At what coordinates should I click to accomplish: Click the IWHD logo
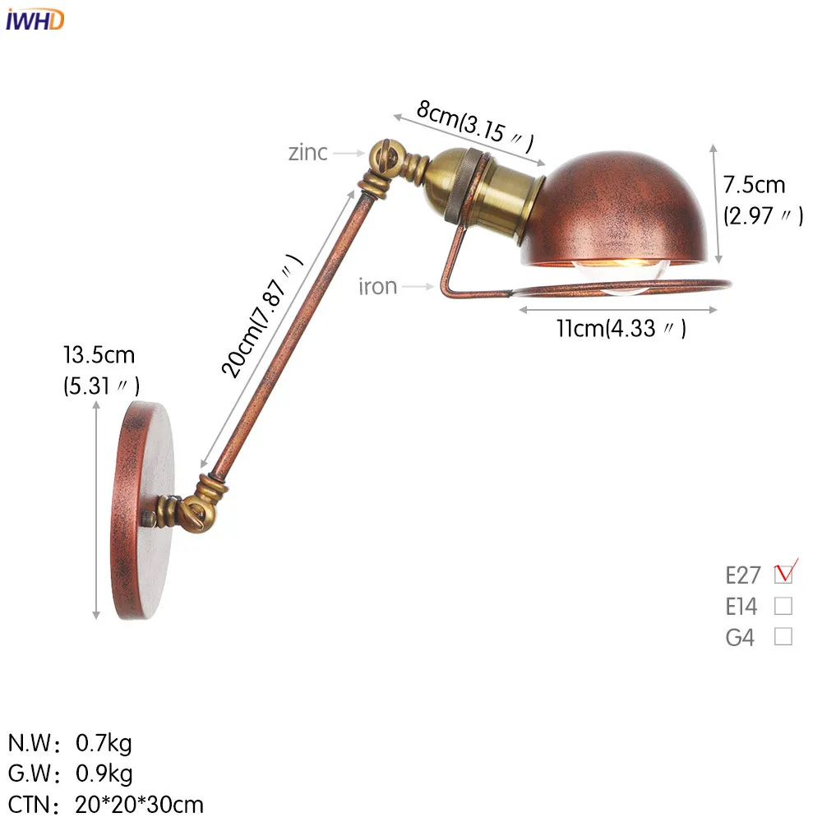[35, 19]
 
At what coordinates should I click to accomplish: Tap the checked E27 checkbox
[783, 574]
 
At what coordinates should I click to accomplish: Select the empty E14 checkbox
[783, 607]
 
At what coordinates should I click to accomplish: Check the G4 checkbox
[783, 636]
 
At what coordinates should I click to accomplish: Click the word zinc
[307, 152]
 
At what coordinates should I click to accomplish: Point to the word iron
[377, 286]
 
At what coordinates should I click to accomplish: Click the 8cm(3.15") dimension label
[475, 123]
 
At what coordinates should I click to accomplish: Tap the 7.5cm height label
[755, 185]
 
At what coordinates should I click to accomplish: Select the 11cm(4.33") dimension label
[621, 328]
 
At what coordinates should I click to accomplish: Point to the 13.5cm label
[99, 355]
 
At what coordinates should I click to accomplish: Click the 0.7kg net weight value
[104, 744]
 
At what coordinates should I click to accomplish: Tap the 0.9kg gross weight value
[104, 774]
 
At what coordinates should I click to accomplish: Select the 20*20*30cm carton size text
[140, 803]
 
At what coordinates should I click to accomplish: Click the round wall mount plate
[141, 510]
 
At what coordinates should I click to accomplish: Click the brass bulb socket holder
[477, 193]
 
